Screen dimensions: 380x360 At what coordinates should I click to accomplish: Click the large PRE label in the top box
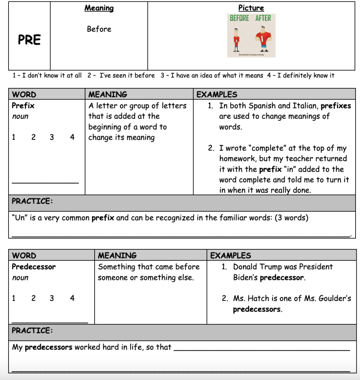(29, 40)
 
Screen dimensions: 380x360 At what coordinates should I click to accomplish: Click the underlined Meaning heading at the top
(99, 8)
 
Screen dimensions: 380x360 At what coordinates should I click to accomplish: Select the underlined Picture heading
(251, 8)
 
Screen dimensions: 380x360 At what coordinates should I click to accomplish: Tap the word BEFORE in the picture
(239, 18)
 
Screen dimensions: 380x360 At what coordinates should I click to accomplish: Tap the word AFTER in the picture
(263, 18)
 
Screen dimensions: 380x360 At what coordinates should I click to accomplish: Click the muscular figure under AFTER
(264, 40)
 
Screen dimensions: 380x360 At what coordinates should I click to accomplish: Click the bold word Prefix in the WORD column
(23, 106)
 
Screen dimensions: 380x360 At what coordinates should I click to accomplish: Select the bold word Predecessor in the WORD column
(33, 267)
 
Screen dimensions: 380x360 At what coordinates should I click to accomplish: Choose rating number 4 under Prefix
(72, 137)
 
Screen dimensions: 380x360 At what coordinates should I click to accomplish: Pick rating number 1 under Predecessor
(14, 298)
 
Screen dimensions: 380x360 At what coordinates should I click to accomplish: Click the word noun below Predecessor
(20, 278)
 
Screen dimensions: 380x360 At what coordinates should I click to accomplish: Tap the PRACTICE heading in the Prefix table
(32, 201)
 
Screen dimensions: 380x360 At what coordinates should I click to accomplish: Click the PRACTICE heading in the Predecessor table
(32, 330)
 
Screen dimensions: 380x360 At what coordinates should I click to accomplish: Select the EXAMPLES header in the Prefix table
(217, 94)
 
